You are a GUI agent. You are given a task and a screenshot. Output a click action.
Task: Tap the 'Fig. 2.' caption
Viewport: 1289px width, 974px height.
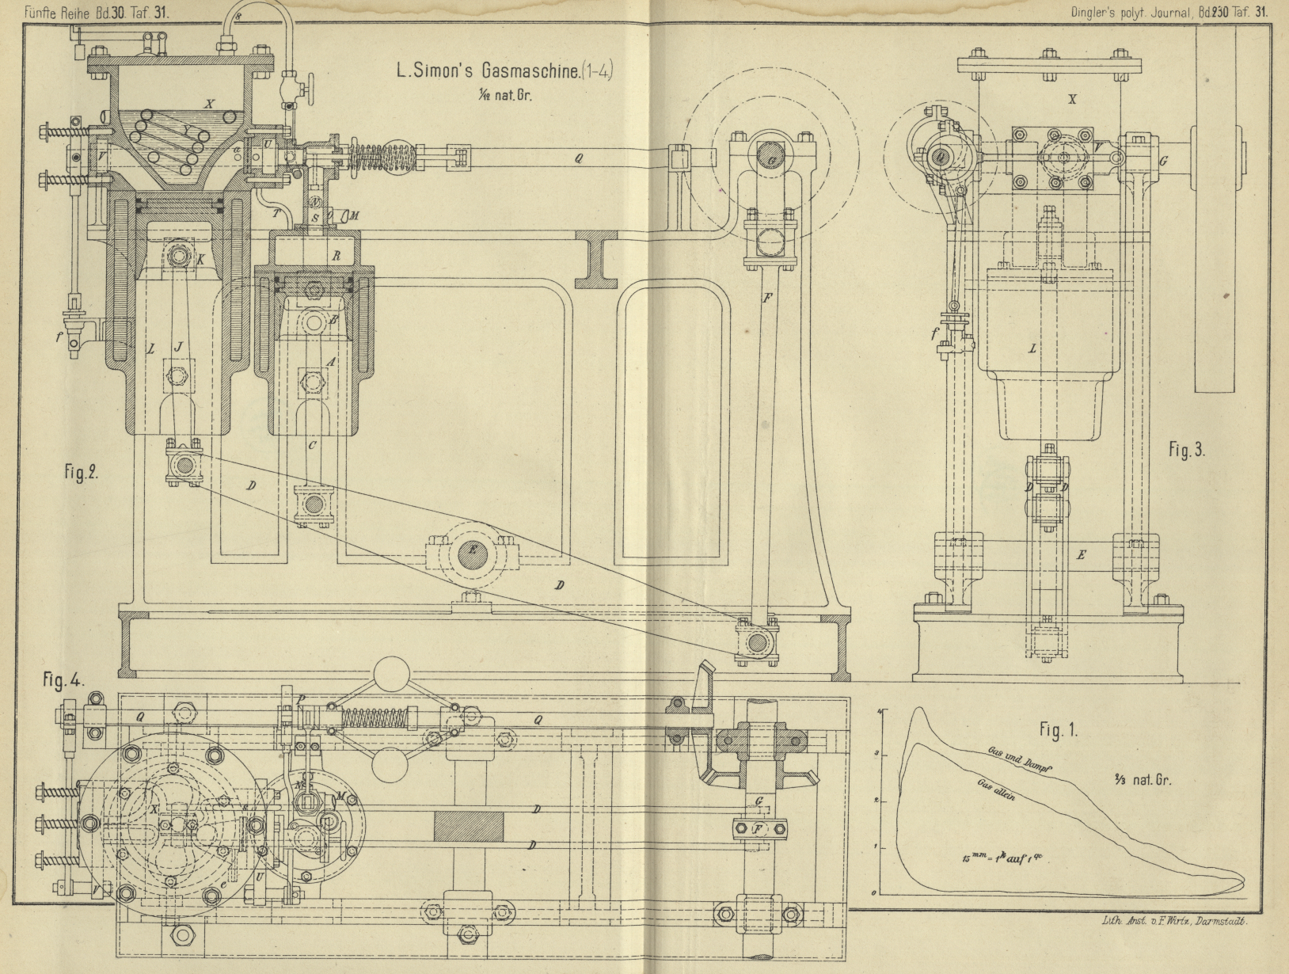81,473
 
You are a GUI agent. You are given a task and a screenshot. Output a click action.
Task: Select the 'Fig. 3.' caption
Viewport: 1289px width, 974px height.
1186,450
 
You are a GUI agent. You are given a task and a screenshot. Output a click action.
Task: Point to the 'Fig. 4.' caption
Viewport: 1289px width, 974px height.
63,680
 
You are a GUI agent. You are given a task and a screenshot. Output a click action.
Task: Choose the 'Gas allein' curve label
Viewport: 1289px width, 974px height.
996,791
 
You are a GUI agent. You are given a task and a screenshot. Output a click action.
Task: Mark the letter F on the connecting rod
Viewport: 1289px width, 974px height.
766,299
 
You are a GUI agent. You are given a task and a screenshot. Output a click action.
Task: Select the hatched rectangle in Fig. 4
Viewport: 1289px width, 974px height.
468,828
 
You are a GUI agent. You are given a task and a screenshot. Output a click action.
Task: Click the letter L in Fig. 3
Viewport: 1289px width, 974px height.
1032,348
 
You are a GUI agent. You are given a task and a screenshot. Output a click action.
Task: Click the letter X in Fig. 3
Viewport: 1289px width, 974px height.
1072,100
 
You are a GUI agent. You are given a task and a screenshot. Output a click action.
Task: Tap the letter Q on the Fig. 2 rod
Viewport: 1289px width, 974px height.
579,158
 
